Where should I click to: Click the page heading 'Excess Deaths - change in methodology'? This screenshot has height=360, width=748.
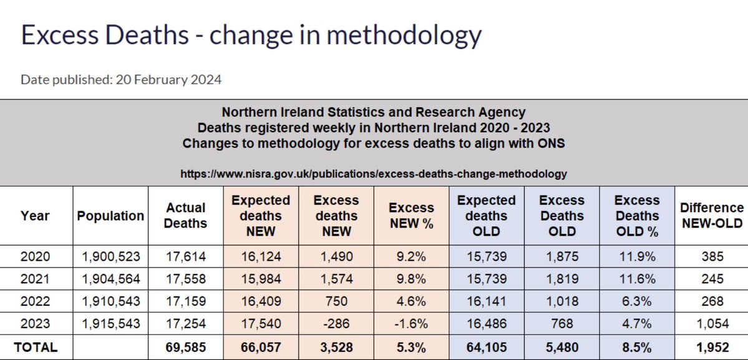pos(251,36)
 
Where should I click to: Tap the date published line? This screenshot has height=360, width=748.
pos(121,80)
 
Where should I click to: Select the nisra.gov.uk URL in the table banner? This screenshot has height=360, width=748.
pos(374,174)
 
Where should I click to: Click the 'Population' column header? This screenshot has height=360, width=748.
pos(110,216)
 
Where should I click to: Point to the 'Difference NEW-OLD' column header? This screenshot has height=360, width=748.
pos(712,216)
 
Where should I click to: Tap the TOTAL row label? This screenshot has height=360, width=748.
pos(36,347)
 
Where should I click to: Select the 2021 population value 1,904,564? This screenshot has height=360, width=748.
pos(110,279)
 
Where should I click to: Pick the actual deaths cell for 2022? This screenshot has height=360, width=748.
pos(185,301)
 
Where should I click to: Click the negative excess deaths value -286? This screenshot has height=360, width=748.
pos(336,324)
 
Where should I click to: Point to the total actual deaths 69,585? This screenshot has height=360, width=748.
pos(185,347)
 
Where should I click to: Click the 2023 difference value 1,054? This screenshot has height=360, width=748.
pos(712,324)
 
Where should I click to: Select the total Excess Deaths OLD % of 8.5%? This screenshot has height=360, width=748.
pos(637,347)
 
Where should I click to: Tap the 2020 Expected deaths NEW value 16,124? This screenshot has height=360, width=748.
pos(261,256)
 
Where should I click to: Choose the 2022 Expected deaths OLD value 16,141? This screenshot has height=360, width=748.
pos(487,301)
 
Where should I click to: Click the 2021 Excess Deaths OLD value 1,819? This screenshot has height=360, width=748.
pos(561,279)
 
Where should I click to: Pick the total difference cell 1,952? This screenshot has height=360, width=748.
pos(712,347)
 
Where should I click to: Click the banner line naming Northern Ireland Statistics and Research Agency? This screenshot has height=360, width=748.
pos(374,113)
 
